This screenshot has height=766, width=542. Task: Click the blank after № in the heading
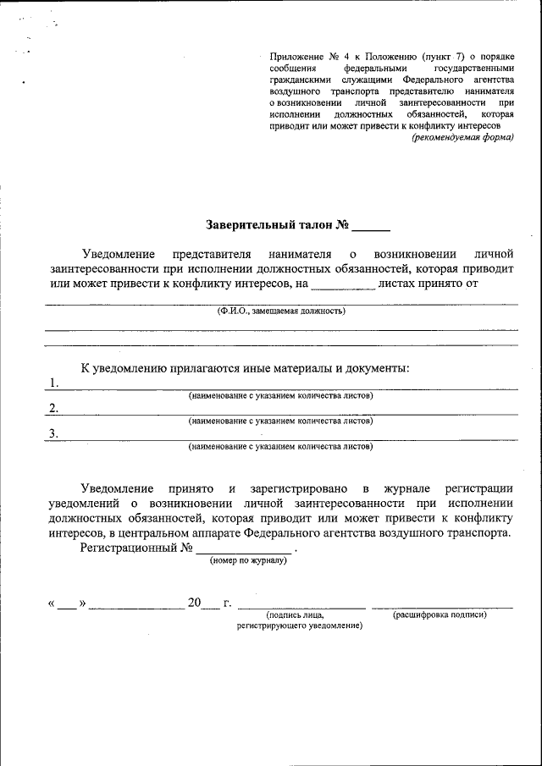click(371, 227)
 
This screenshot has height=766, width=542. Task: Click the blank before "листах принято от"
click(343, 284)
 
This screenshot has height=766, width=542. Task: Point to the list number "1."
click(54, 383)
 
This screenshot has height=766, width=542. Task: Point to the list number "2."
click(54, 408)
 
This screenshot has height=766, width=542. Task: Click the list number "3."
click(54, 433)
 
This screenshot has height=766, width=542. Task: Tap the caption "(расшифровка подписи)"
click(440, 614)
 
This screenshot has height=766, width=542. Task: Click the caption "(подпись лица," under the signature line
click(294, 615)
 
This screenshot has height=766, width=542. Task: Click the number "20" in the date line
click(195, 603)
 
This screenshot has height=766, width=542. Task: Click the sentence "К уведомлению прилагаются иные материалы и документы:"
click(245, 368)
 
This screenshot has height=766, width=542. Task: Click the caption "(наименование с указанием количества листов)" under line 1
click(280, 395)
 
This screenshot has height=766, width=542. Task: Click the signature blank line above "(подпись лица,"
click(301, 606)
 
